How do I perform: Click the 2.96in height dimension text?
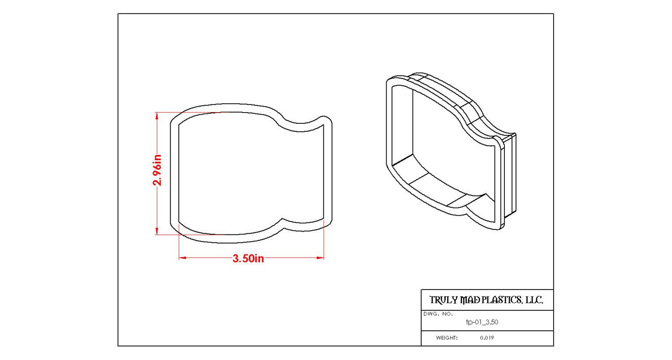(157, 170)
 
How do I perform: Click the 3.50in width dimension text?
(248, 259)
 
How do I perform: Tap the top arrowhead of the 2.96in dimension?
(157, 115)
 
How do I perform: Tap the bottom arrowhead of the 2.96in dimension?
(157, 231)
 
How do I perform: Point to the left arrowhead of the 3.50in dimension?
(182, 258)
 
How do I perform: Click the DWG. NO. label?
(438, 314)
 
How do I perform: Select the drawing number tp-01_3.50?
(482, 322)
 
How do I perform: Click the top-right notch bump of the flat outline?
(324, 120)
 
